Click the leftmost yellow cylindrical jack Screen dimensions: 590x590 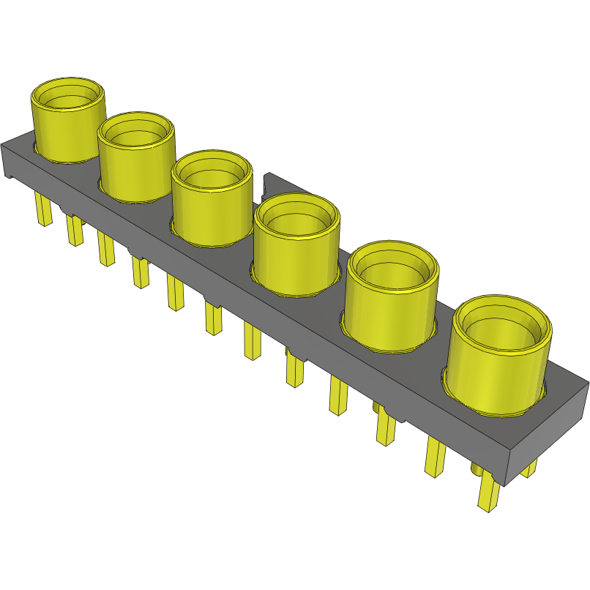[66, 128]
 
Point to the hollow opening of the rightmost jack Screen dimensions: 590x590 [502, 326]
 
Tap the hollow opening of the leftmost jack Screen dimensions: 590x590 [67, 94]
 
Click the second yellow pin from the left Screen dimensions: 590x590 [75, 230]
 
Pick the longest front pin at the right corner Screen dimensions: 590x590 [488, 491]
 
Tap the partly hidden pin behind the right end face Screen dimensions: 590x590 [529, 466]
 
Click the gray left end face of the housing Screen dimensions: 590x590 [10, 162]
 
